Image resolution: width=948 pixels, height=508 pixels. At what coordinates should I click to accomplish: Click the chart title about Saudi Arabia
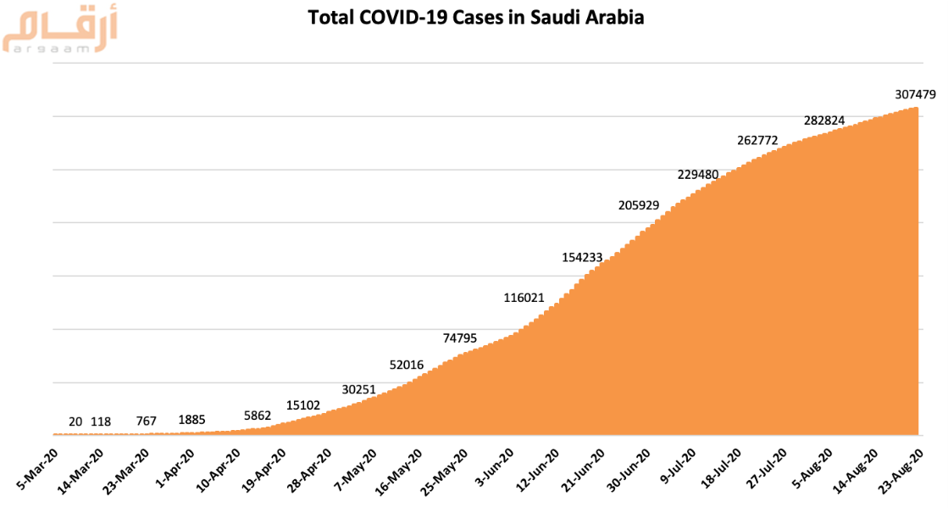[x=475, y=17]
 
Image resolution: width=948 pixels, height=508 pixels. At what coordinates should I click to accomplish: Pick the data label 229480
[x=698, y=174]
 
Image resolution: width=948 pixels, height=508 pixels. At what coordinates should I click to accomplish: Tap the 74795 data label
[x=465, y=338]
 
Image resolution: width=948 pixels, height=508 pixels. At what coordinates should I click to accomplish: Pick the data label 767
[x=147, y=421]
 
